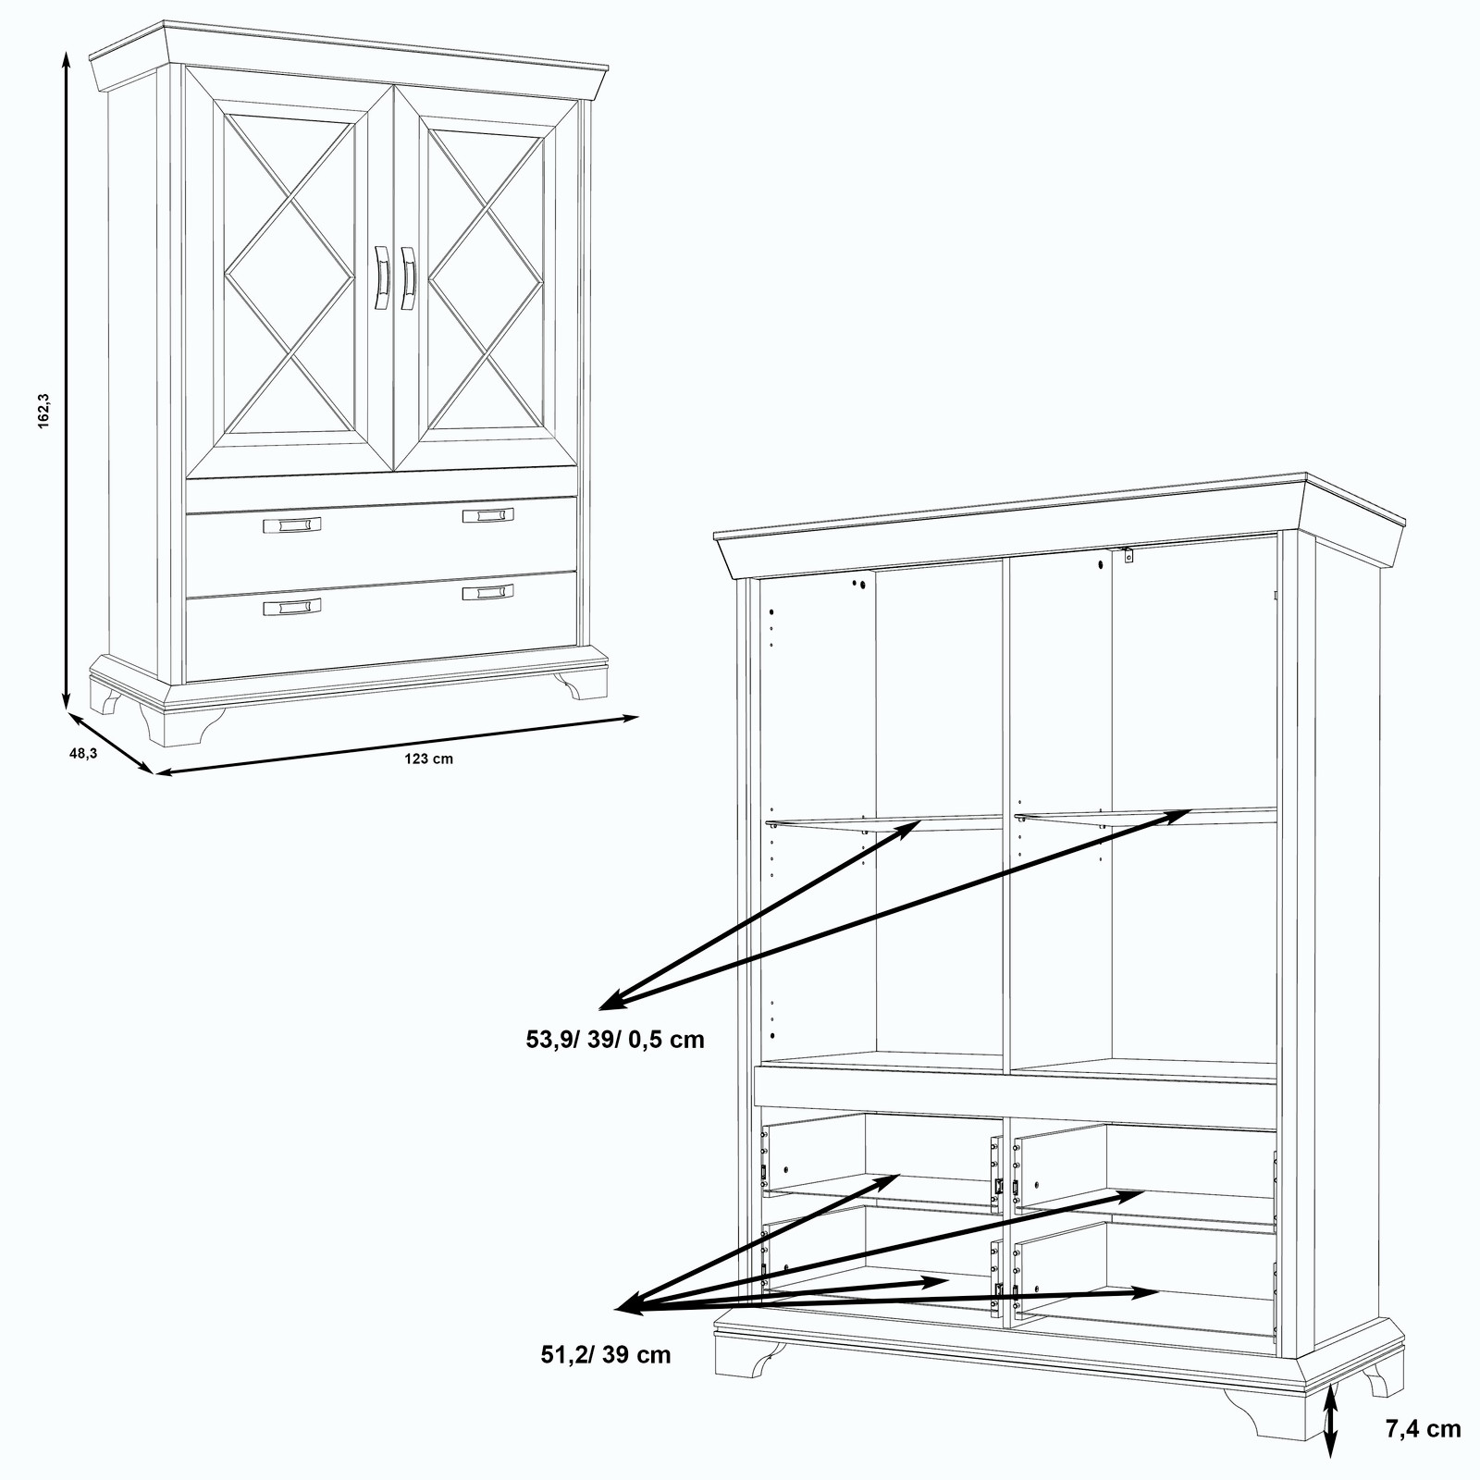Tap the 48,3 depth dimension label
coord(83,754)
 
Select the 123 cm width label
coord(428,758)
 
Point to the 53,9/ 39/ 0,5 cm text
coord(615,1040)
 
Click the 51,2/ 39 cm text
coord(606,1355)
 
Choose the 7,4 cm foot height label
coord(1423,1429)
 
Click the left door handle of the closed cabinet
coord(380,277)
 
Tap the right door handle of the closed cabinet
coord(408,277)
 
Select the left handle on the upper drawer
coord(292,525)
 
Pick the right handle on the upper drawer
coord(488,515)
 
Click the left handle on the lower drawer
coord(292,606)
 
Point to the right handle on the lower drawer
coord(488,592)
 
